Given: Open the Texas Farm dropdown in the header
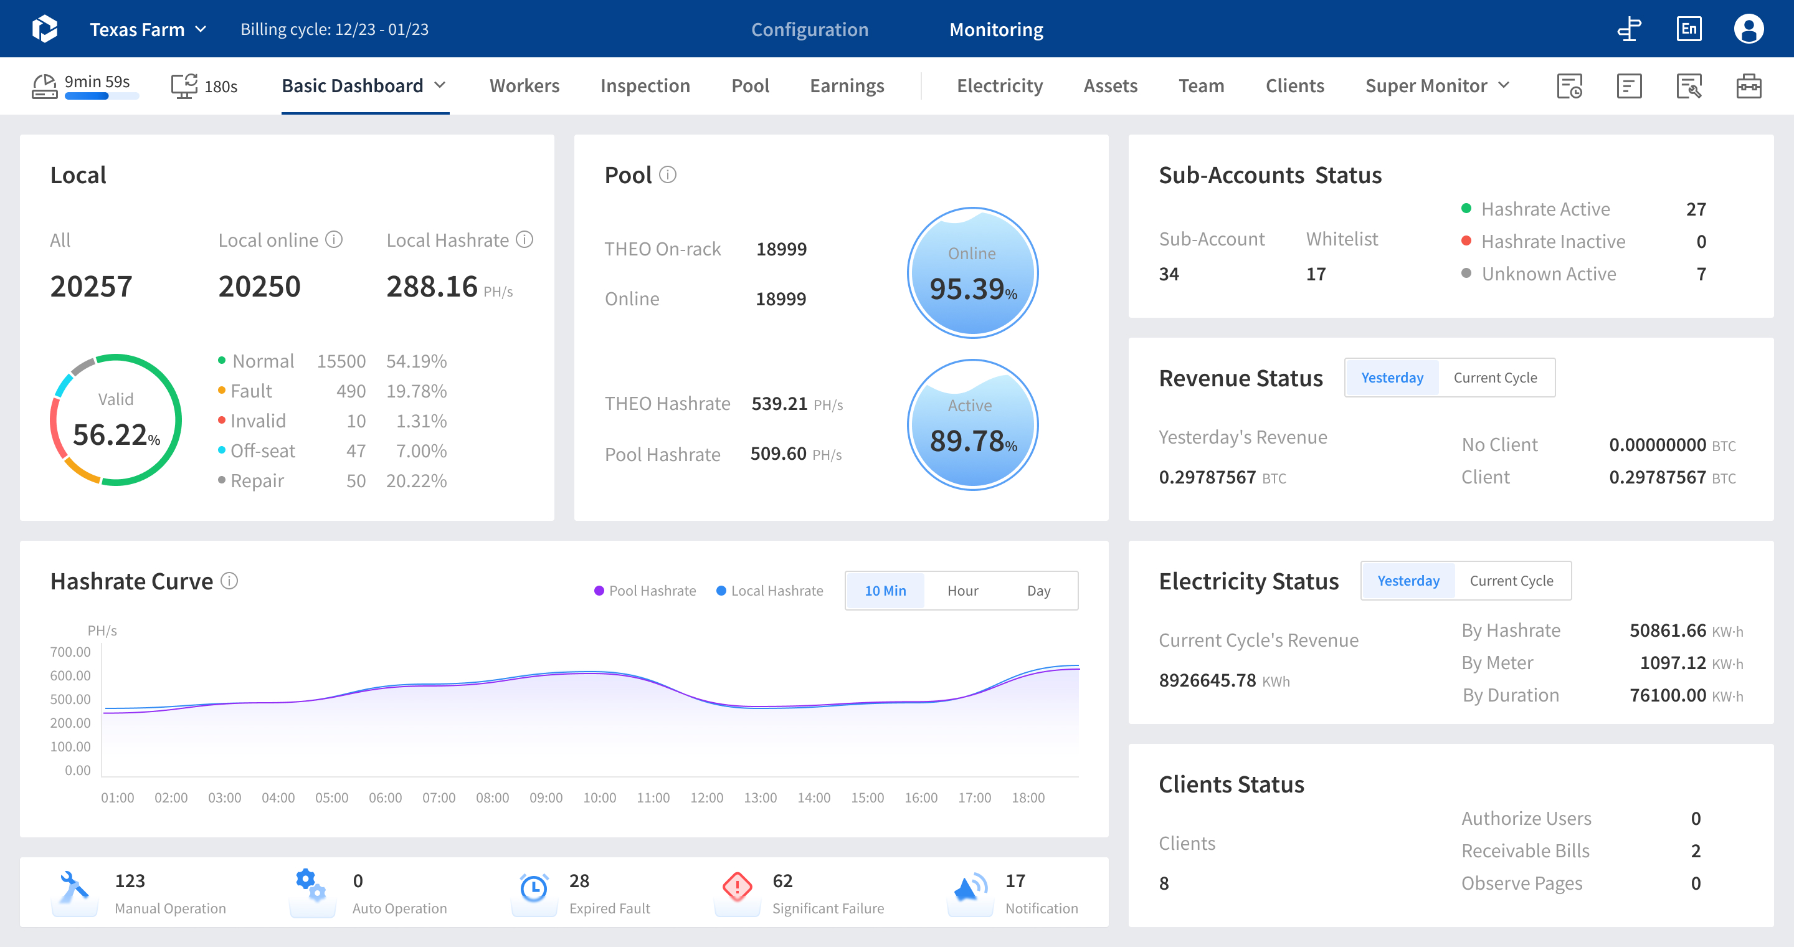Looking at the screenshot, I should click(148, 29).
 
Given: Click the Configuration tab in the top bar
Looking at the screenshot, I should click(809, 29).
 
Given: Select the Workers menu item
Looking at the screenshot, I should click(524, 85).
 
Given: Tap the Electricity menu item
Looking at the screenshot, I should click(999, 85).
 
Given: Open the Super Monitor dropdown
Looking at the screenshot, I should click(1436, 85).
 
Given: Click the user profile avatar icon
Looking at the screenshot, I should click(1748, 29).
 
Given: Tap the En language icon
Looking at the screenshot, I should click(1689, 29).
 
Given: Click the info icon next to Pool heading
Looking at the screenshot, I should click(667, 175).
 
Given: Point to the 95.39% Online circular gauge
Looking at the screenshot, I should click(972, 273).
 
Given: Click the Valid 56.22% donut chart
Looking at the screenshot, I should click(116, 420).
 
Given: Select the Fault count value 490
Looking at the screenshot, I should click(351, 391).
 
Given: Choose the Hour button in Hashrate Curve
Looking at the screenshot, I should click(962, 591).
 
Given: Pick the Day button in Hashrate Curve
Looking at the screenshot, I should click(1038, 591).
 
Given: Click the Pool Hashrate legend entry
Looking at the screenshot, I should click(645, 591).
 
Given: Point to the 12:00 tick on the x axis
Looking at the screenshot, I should click(706, 797).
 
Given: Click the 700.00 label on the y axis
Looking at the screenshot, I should click(70, 652).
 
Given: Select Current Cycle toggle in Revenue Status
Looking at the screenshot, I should click(1494, 378).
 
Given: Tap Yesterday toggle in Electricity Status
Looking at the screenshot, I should click(1408, 581).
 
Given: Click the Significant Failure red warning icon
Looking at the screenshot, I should click(737, 887).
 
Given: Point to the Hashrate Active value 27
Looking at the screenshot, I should click(1695, 209).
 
